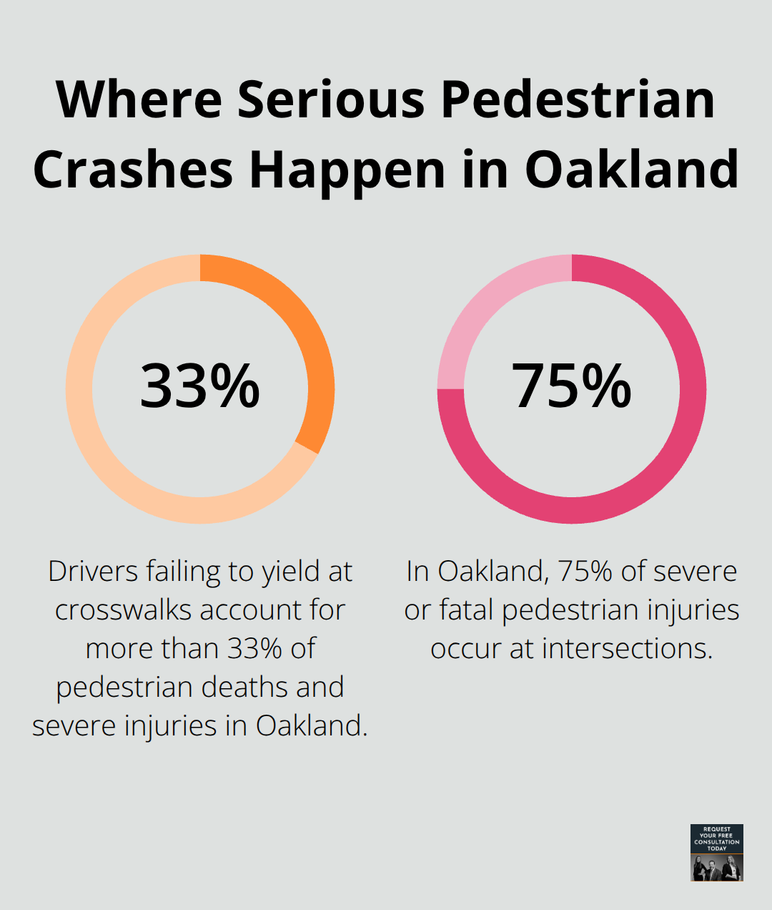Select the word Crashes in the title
click(x=133, y=170)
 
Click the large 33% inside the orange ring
click(x=199, y=386)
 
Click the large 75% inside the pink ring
click(x=571, y=386)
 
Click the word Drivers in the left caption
click(x=93, y=572)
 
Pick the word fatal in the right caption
click(x=467, y=610)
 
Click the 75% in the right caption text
click(x=585, y=572)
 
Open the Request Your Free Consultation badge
click(x=716, y=852)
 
